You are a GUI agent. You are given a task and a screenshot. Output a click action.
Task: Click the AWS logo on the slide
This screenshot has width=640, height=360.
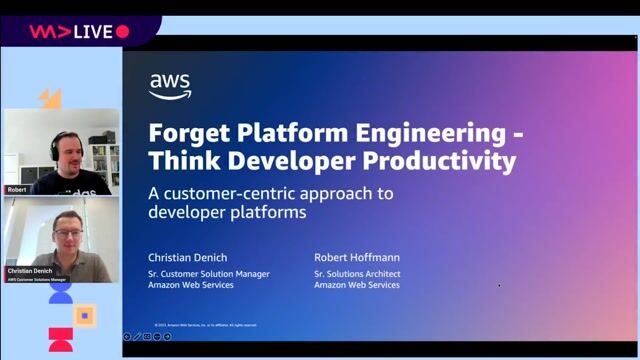pyautogui.click(x=170, y=87)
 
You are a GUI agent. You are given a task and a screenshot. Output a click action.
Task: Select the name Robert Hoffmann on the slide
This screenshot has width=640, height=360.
pyautogui.click(x=357, y=257)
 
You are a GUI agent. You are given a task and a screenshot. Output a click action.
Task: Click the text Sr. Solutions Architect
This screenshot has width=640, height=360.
pyautogui.click(x=357, y=273)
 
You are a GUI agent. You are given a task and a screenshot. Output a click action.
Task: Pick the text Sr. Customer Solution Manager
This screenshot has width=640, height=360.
pyautogui.click(x=208, y=273)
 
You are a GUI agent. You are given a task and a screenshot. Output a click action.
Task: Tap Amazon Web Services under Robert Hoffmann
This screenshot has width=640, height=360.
pyautogui.click(x=356, y=285)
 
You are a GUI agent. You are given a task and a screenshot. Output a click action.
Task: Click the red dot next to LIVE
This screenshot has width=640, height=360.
pyautogui.click(x=123, y=32)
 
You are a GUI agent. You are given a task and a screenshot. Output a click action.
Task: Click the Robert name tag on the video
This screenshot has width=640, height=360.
pyautogui.click(x=17, y=189)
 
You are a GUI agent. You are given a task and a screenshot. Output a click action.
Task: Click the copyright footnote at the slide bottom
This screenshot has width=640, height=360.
pyautogui.click(x=206, y=325)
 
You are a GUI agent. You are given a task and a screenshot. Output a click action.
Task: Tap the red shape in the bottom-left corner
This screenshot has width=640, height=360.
pyautogui.click(x=60, y=339)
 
